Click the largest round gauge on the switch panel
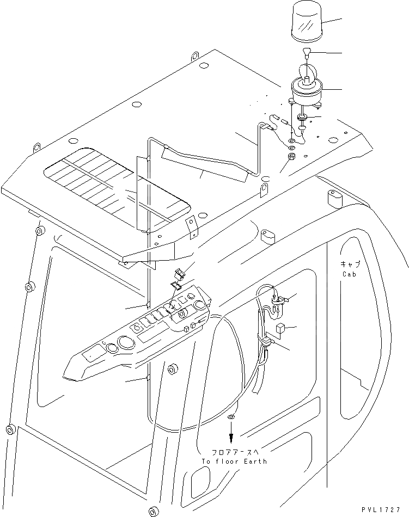(126, 344)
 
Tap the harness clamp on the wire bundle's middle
(266, 342)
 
